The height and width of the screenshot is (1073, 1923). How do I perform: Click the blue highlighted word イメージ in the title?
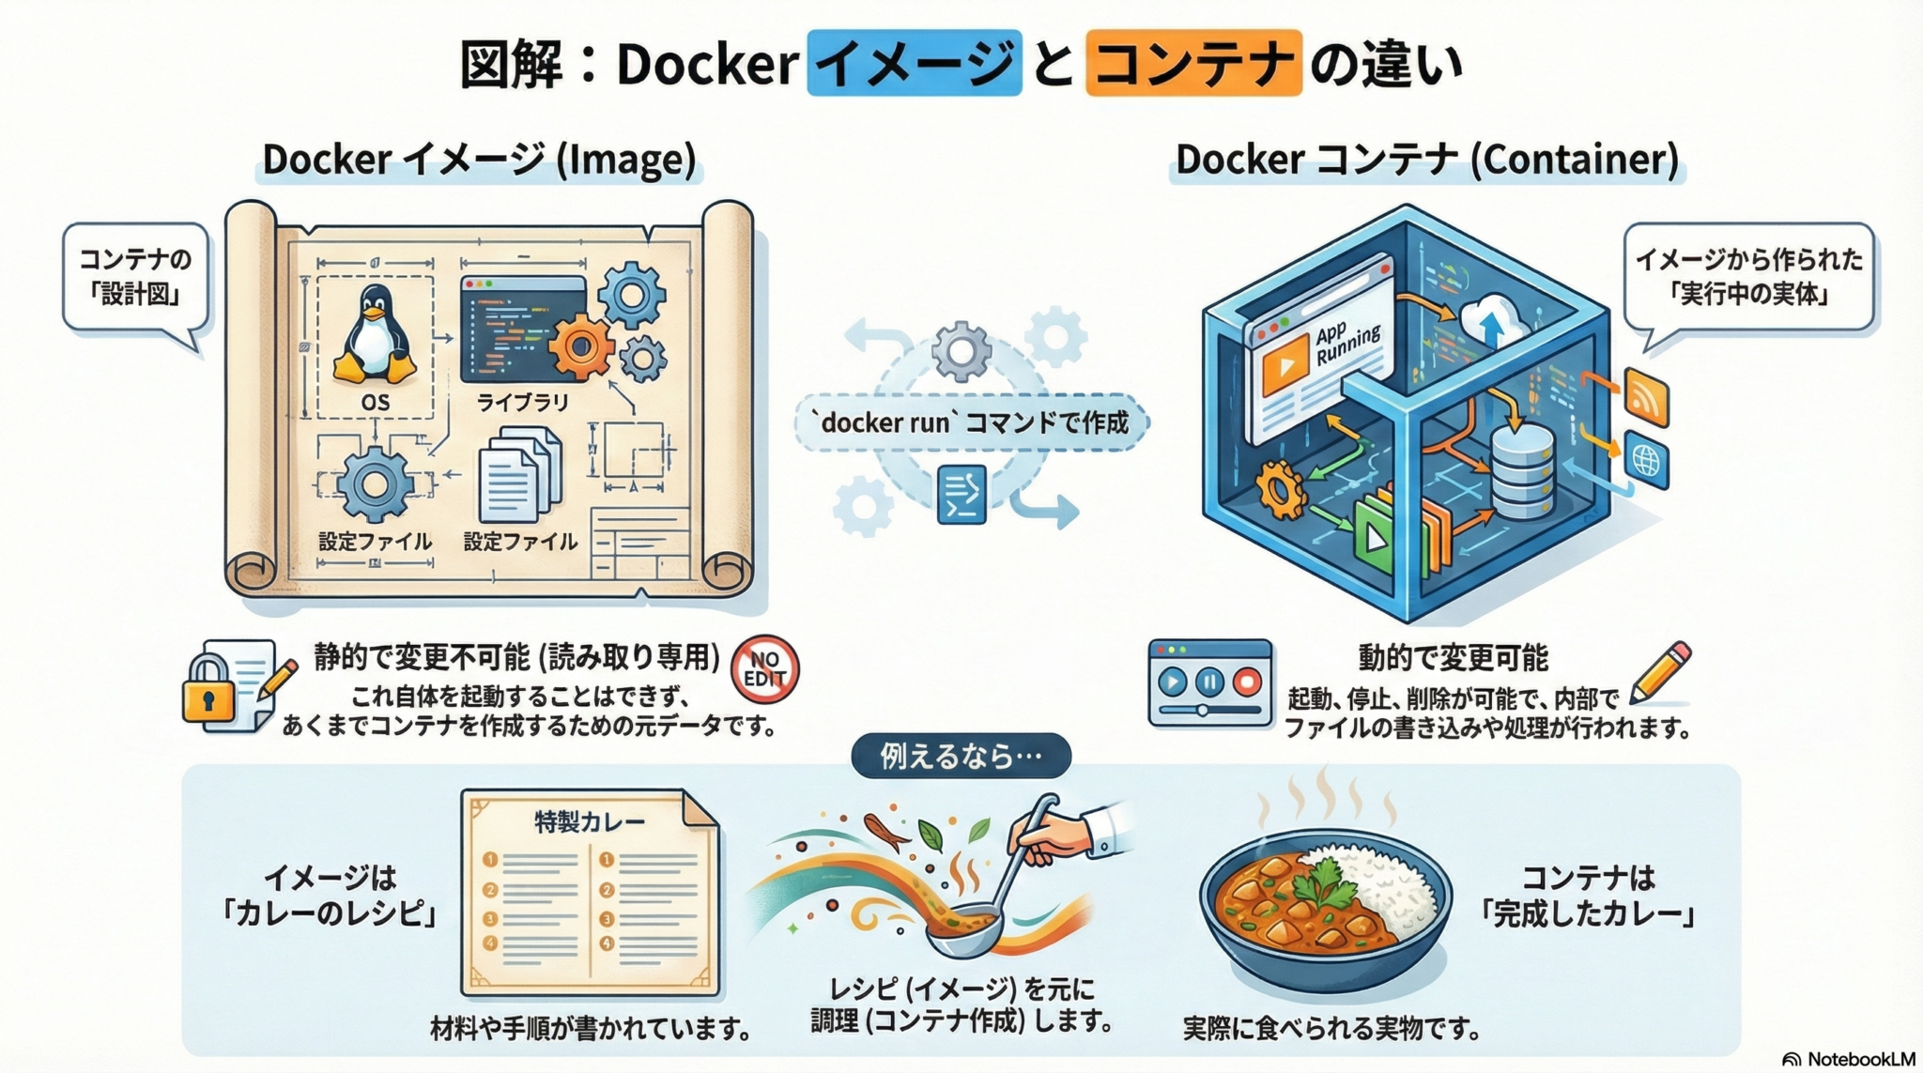pos(914,64)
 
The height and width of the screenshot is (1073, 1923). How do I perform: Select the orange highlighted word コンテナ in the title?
pos(1193,64)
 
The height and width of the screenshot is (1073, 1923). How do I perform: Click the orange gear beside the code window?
pos(580,346)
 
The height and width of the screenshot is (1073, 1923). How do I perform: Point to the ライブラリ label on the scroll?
pos(522,403)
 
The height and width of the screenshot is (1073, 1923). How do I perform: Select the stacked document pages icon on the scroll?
pos(519,475)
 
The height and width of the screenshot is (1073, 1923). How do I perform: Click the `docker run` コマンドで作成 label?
pos(972,423)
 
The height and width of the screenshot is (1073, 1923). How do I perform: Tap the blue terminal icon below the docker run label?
pos(961,494)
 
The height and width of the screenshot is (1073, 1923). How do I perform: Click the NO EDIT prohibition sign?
pos(764,669)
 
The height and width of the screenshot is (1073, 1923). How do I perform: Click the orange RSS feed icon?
pos(1646,397)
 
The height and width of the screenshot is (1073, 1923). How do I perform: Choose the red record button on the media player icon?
pos(1247,682)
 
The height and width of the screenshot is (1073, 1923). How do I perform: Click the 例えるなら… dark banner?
pos(961,756)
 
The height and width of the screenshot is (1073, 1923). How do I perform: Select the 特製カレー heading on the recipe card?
pos(590,821)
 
